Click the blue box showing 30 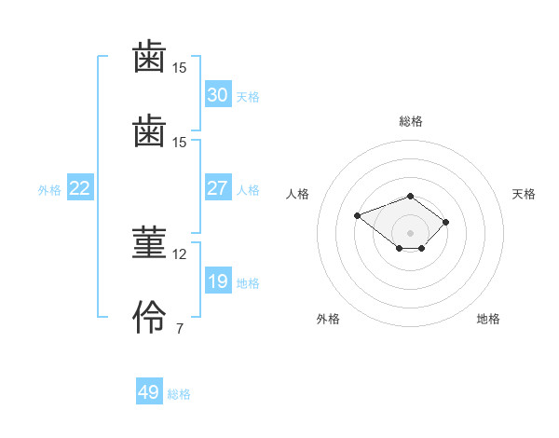coord(217,95)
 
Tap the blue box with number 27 coord(217,188)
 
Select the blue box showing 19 coord(217,281)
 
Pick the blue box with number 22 coord(79,188)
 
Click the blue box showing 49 coord(148,392)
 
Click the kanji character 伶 coord(149,320)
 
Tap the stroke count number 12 coord(180,253)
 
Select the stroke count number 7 coord(179,328)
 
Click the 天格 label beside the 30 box coord(248,97)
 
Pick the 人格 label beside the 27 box coord(248,190)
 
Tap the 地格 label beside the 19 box coord(248,283)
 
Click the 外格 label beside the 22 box coord(49,190)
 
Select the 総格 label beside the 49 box coord(179,394)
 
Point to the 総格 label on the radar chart coord(411,121)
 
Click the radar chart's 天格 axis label coord(525,194)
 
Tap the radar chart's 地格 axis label coord(488,319)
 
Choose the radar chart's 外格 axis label coord(328,319)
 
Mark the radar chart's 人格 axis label coord(298,194)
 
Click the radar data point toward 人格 coord(357,215)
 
